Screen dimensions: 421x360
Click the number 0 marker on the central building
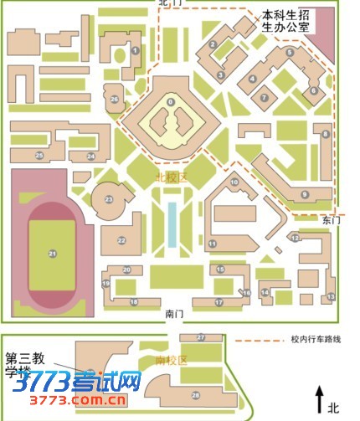tap(171, 102)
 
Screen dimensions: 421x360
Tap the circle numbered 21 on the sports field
tap(51, 254)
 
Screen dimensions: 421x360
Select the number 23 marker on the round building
tap(108, 199)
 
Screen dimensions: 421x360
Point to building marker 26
tap(115, 99)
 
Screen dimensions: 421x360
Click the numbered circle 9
tap(305, 194)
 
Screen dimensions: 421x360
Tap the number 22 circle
tap(121, 240)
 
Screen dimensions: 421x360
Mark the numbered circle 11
tap(213, 244)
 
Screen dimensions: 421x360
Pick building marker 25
tap(39, 156)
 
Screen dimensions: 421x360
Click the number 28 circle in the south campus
tap(195, 394)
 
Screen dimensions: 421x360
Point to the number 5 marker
tap(290, 53)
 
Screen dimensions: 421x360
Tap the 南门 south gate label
tap(174, 314)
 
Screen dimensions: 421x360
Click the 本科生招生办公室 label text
tap(285, 20)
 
